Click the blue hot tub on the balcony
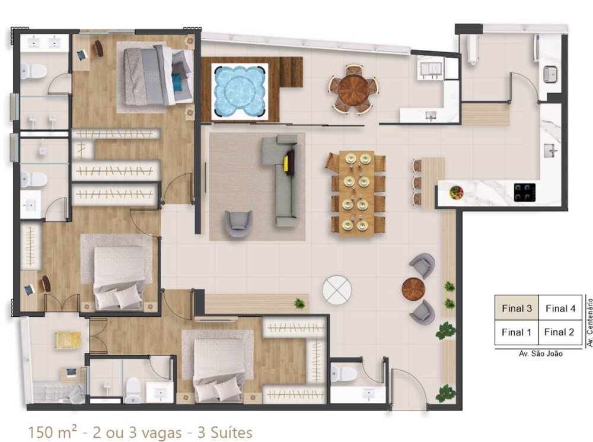point(240,91)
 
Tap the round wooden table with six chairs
point(353,90)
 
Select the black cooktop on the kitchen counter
point(525,192)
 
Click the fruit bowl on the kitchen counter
point(457,193)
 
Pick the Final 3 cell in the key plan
point(517,308)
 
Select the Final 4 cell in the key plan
point(560,308)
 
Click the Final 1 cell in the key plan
point(517,332)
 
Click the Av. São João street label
point(540,354)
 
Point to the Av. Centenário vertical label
point(589,322)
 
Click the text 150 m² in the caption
point(53,432)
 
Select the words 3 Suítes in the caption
point(225,432)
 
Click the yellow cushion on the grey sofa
point(287,163)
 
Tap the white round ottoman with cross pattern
point(337,290)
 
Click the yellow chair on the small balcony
point(68,339)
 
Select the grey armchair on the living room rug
point(238,224)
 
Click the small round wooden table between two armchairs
point(413,290)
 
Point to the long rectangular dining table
point(356,193)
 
